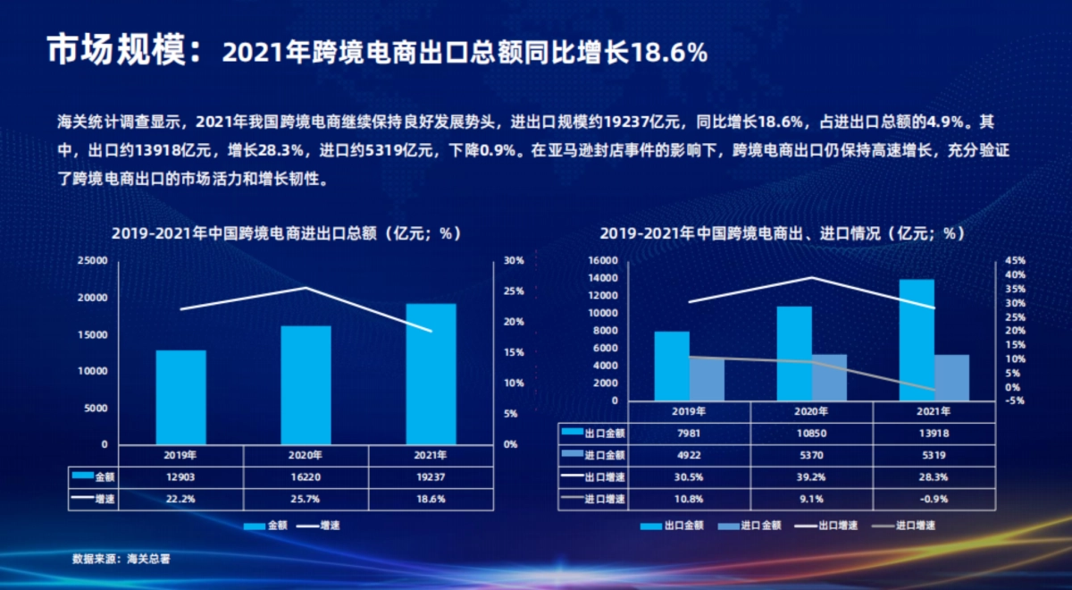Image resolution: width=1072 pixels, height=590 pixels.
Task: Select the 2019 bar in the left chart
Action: pyautogui.click(x=180, y=397)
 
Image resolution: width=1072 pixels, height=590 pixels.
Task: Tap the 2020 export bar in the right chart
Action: pyautogui.click(x=794, y=353)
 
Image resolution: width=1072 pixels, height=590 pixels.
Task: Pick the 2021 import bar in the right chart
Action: pyautogui.click(x=951, y=377)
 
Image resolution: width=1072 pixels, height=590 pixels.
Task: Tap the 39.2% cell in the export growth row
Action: pyautogui.click(x=811, y=476)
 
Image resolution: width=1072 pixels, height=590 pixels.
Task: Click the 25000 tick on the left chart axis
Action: pyautogui.click(x=93, y=260)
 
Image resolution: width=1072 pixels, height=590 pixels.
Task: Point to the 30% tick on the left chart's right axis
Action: pyautogui.click(x=514, y=260)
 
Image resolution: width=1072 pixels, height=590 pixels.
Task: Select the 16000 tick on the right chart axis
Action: pyautogui.click(x=604, y=260)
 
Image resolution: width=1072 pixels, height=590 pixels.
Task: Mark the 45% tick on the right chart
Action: pyautogui.click(x=1015, y=260)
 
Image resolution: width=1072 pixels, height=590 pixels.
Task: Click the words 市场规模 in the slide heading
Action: pyautogui.click(x=116, y=51)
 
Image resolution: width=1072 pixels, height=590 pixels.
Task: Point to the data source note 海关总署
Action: pyautogui.click(x=121, y=559)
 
